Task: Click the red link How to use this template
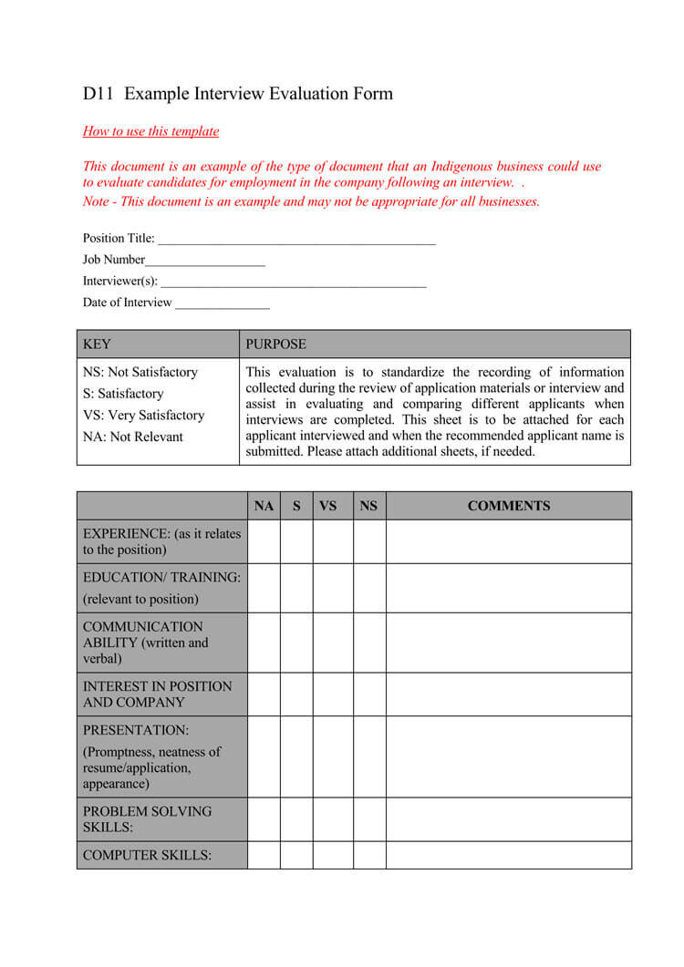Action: click(150, 131)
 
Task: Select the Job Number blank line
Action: click(205, 261)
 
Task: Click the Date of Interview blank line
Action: click(223, 303)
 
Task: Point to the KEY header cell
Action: click(158, 345)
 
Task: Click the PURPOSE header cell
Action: click(435, 345)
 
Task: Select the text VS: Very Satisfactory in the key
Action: click(143, 416)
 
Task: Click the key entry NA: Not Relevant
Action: click(133, 437)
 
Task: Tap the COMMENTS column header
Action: click(508, 506)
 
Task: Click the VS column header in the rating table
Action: click(328, 506)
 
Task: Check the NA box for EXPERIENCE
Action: click(264, 541)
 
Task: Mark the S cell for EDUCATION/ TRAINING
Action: click(296, 588)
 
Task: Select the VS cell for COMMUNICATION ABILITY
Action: click(333, 643)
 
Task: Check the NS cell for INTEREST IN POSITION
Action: click(369, 694)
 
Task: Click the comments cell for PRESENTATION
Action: click(508, 756)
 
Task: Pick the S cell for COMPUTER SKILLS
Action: click(296, 855)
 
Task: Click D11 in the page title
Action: click(98, 94)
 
